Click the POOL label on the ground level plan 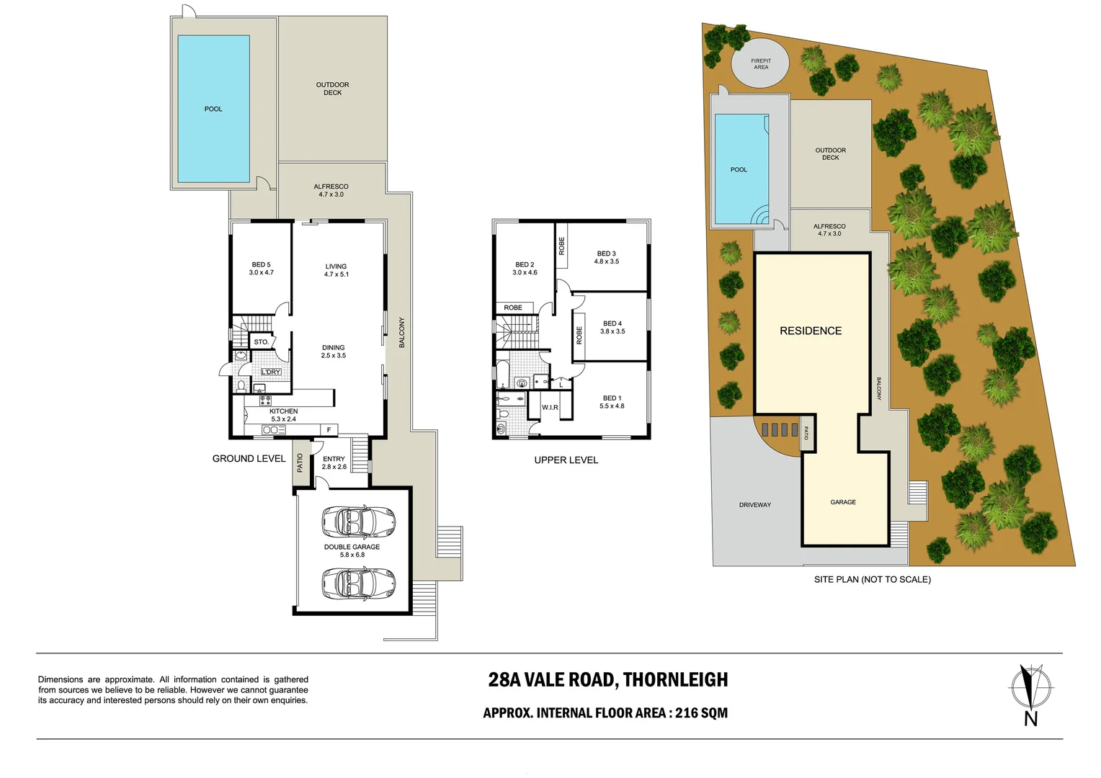[x=213, y=109]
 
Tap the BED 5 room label [x=261, y=269]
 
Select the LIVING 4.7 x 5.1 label [x=336, y=270]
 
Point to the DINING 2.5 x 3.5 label [x=333, y=352]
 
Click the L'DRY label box [x=271, y=372]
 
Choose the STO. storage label [x=261, y=342]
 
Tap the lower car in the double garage [x=358, y=582]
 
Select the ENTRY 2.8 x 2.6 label [x=334, y=462]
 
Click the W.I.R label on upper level [x=550, y=408]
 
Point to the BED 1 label [x=612, y=402]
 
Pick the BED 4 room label [x=612, y=327]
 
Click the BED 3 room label [x=606, y=257]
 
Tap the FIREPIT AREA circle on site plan [x=760, y=64]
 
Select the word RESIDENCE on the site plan [x=811, y=331]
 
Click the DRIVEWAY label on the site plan [x=754, y=505]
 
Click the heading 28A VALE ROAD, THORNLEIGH [x=607, y=679]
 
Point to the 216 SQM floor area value [x=701, y=713]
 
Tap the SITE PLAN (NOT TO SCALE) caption [x=872, y=579]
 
